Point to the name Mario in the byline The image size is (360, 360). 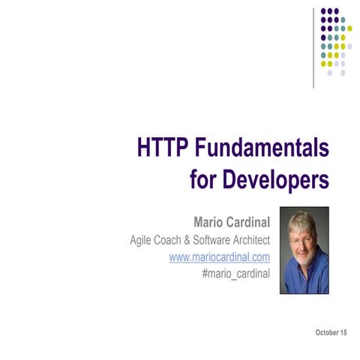coord(211,222)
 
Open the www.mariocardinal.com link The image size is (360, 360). coord(220,257)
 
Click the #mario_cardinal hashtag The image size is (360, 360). coord(236,274)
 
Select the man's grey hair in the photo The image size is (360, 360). coord(301,220)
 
